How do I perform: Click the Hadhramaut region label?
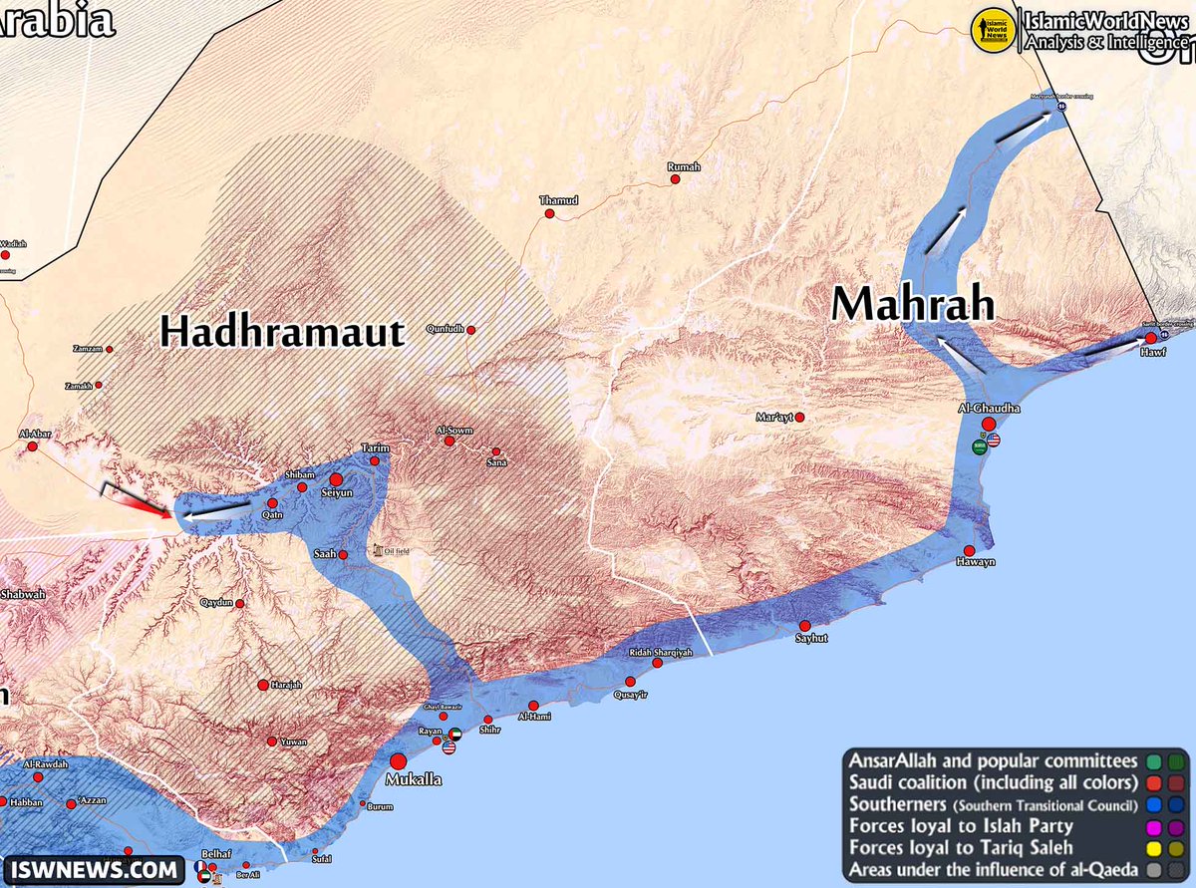pos(283,332)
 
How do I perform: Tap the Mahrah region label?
pos(914,304)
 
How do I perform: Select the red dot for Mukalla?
pos(398,760)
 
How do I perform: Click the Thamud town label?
pos(558,200)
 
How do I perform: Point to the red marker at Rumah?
pos(675,179)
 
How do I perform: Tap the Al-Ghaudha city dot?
pos(988,424)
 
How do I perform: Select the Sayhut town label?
pos(812,638)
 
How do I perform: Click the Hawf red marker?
pos(1150,338)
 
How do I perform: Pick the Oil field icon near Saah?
pos(377,549)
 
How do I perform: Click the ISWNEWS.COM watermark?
pos(94,870)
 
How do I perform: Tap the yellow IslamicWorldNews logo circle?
pos(992,29)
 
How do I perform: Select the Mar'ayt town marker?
pos(799,417)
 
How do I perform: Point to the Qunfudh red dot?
pos(470,330)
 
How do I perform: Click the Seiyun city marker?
pos(336,479)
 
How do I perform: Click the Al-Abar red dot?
pos(32,446)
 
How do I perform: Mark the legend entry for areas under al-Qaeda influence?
pos(992,869)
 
